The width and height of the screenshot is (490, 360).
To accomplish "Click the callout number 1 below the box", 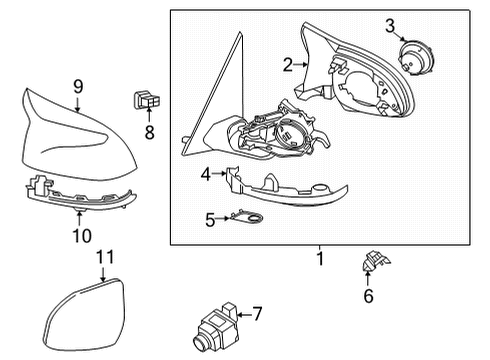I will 320,259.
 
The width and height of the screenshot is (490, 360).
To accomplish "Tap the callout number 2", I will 288,65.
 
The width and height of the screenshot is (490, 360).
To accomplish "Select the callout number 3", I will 391,24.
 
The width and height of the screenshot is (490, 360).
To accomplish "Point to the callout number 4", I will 205,174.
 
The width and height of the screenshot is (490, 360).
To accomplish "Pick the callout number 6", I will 368,295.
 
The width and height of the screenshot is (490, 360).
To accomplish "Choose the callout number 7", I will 257,314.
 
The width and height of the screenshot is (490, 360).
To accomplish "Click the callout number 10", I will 81,236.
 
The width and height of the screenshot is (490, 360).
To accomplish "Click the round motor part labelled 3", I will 409,56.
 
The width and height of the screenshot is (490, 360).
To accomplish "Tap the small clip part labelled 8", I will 146,100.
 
